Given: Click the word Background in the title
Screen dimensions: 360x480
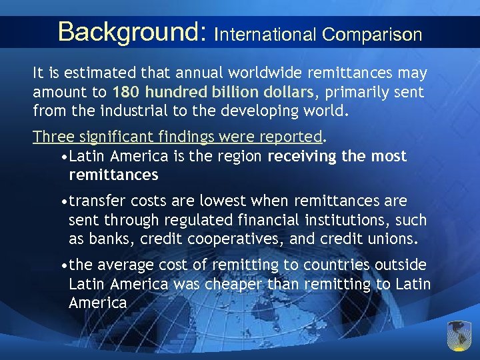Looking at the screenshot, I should click(129, 32).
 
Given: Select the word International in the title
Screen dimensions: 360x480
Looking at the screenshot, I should click(265, 34).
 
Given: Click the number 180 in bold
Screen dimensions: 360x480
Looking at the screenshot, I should click(127, 91).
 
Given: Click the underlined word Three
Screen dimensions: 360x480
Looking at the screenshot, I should click(52, 137).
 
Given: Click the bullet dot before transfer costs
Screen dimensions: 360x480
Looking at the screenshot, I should click(63, 201).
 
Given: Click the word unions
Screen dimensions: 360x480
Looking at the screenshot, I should click(393, 239).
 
